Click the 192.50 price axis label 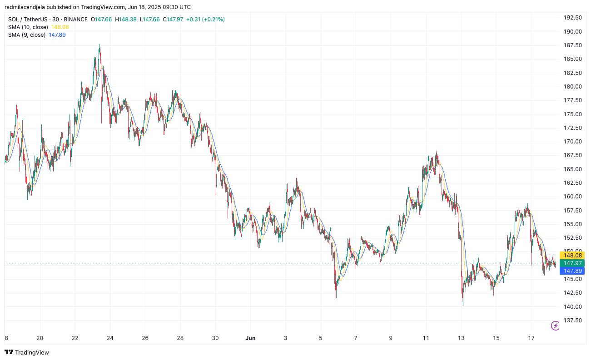(572, 18)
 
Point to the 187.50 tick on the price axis (572, 45)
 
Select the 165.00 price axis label (572, 169)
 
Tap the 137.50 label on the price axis (572, 321)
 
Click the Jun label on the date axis (250, 338)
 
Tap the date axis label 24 (110, 338)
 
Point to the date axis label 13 (461, 338)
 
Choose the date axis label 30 (215, 338)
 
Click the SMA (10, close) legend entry (28, 27)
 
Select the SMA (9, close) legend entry (27, 35)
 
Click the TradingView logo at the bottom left (27, 352)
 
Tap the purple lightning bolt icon (555, 325)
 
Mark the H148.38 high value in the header (126, 20)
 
